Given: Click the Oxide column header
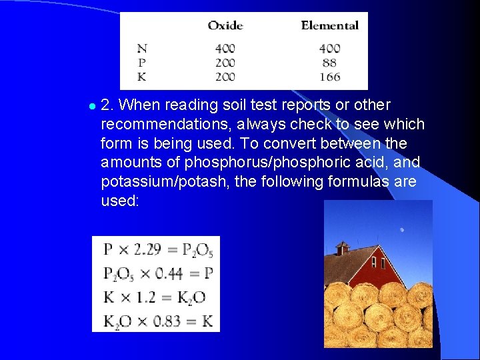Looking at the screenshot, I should [225, 26].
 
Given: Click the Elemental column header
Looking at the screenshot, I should [329, 26].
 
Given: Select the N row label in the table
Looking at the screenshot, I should [142, 48].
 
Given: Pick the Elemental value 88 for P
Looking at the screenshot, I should [329, 63].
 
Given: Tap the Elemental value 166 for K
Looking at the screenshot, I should [329, 77].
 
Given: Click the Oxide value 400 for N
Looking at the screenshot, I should [225, 48].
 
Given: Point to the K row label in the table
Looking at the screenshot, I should [142, 77].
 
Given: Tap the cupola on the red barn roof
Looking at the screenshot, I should [342, 249].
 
